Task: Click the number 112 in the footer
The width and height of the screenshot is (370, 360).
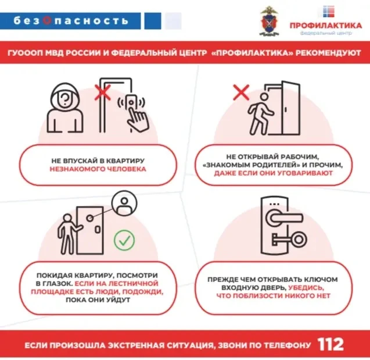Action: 331,345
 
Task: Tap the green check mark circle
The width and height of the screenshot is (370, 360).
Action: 124,240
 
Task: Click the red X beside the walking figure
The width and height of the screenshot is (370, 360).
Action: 241,92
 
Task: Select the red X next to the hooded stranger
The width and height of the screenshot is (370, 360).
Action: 103,92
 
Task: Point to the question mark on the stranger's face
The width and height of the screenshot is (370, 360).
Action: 66,99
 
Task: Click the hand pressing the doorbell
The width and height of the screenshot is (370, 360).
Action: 138,119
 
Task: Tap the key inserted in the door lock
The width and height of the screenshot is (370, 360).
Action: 289,240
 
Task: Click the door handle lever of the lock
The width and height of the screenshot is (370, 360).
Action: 284,218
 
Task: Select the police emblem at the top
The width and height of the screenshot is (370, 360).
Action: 270,21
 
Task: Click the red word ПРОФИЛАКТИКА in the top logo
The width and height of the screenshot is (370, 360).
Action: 326,25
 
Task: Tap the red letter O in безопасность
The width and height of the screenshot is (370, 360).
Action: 47,21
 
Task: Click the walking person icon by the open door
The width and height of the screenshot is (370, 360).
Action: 260,113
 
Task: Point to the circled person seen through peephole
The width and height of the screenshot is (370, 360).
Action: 124,204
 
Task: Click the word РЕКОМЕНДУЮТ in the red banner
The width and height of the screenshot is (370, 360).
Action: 328,53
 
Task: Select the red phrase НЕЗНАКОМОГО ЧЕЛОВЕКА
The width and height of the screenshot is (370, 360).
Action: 98,169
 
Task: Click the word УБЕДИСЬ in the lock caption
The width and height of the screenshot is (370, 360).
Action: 306,287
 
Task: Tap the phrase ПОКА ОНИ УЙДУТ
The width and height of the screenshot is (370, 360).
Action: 98,300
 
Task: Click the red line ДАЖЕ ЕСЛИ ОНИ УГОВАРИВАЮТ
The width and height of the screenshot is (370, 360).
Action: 273,173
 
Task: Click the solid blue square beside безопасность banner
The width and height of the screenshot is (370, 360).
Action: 153,21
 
